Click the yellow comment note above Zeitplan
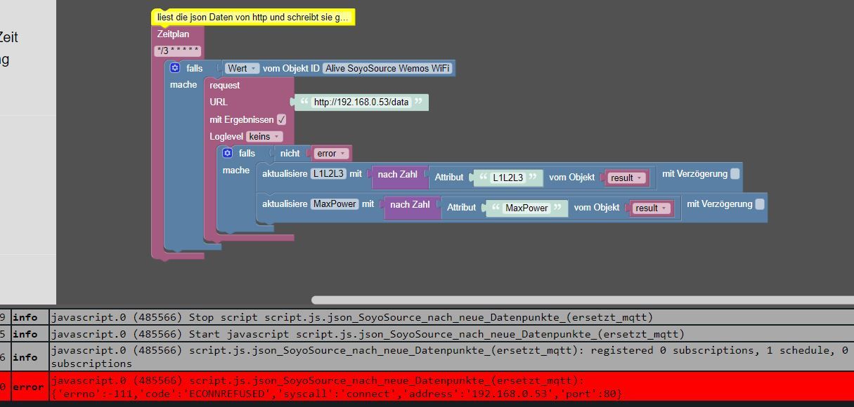click(253, 17)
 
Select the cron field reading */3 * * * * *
click(178, 51)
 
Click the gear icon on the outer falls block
click(175, 68)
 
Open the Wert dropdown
click(242, 68)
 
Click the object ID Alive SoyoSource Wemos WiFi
click(387, 68)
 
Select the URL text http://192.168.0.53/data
click(361, 102)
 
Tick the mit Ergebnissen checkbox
click(281, 119)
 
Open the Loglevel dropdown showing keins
click(264, 136)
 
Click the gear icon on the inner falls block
click(228, 153)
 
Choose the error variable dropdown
click(331, 154)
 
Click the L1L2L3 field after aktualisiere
click(328, 173)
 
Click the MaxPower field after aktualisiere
click(335, 203)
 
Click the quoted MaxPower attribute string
click(526, 208)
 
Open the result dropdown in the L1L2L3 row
click(626, 178)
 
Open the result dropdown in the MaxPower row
click(651, 208)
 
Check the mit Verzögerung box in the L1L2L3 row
click(735, 173)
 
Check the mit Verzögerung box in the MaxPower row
click(760, 203)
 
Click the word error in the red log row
click(28, 387)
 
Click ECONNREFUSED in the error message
click(227, 394)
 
